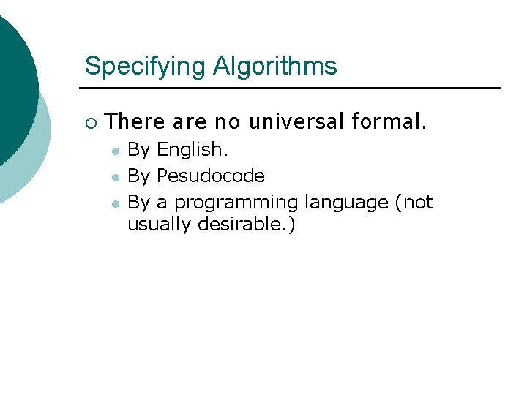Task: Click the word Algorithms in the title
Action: tap(275, 67)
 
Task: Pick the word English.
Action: tap(193, 151)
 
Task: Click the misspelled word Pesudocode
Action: tap(211, 176)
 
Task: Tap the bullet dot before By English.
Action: tap(114, 151)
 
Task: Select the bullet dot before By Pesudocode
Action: tap(114, 177)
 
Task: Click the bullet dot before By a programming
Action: tap(114, 203)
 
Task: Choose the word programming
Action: tap(236, 203)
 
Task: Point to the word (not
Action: tap(414, 202)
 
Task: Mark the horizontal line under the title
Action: tap(293, 88)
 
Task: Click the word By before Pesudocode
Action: tap(139, 176)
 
